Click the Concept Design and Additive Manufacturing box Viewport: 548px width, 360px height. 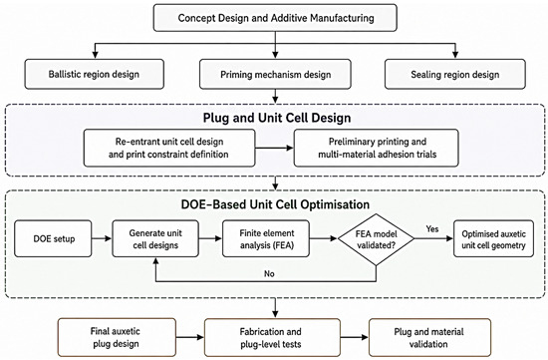coord(275,18)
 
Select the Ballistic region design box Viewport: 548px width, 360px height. coord(94,74)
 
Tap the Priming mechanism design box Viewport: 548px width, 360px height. coord(275,74)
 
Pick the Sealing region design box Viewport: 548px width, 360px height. coord(455,74)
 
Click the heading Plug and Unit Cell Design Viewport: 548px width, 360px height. coord(277,118)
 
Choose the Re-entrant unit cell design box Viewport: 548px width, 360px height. coord(169,148)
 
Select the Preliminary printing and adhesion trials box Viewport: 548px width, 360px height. coord(377,148)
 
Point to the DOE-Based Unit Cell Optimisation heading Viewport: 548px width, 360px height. coord(275,204)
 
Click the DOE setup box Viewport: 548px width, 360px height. coord(53,238)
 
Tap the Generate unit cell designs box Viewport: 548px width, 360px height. coord(155,238)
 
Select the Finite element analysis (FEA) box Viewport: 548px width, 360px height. coord(266,238)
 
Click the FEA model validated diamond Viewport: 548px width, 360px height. coord(376,239)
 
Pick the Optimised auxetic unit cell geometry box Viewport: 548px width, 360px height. coord(493,238)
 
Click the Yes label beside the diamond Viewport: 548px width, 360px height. coord(432,228)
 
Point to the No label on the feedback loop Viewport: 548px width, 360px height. coord(269,273)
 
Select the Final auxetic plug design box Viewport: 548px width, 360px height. coord(117,337)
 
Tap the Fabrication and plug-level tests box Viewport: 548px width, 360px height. coord(272,337)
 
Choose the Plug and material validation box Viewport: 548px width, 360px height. coord(429,337)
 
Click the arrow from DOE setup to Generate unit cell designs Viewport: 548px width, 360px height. coord(102,238)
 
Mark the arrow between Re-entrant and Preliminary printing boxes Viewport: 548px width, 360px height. coord(275,148)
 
